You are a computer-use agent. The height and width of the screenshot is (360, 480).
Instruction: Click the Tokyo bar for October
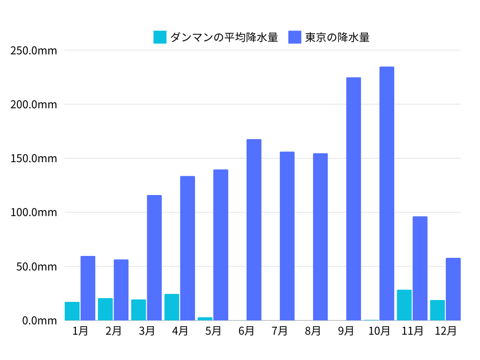387,194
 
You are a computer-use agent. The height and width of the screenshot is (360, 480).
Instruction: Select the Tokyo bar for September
353,199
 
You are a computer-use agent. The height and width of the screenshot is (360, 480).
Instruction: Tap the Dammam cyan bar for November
404,305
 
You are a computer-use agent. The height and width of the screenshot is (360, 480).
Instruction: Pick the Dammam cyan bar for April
172,307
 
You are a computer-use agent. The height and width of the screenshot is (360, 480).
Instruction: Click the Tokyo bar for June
254,230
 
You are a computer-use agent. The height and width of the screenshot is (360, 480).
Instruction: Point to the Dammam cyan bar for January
72,311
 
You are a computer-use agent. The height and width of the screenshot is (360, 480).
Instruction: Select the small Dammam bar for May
205,319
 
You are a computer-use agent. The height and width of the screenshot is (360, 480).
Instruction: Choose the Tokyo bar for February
121,290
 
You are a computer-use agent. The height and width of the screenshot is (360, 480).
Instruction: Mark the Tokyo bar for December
453,289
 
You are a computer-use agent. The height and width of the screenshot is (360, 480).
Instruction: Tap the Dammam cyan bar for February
105,309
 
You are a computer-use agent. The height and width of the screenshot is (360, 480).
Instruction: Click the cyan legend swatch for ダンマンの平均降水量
160,37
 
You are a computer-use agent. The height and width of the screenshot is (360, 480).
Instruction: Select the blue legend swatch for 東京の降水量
295,37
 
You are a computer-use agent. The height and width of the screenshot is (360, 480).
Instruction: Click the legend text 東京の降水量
337,37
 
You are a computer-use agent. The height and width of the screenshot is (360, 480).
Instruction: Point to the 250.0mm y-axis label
33,50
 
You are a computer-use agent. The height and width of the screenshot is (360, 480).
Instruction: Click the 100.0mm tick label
33,212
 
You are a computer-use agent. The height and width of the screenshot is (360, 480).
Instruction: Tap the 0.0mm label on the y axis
40,321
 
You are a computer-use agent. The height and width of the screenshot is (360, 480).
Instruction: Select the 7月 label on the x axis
279,331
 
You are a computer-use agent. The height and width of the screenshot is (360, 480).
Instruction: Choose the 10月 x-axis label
379,331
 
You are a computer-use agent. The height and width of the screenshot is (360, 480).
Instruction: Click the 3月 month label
147,331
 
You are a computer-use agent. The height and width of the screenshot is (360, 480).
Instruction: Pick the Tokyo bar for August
320,237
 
